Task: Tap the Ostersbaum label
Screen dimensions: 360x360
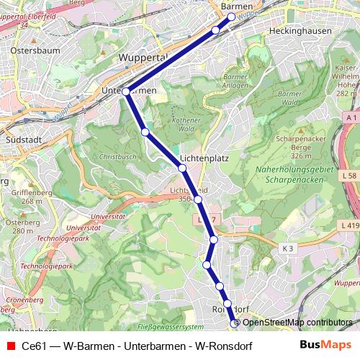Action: pyautogui.click(x=28, y=52)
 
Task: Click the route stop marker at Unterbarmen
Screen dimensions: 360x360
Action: pyautogui.click(x=126, y=91)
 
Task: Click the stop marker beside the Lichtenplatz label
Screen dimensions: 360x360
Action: pyautogui.click(x=182, y=168)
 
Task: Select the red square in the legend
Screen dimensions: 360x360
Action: pyautogui.click(x=9, y=345)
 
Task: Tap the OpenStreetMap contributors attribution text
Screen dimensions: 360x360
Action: pyautogui.click(x=297, y=323)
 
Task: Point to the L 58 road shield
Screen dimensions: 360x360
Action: pyautogui.click(x=350, y=176)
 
